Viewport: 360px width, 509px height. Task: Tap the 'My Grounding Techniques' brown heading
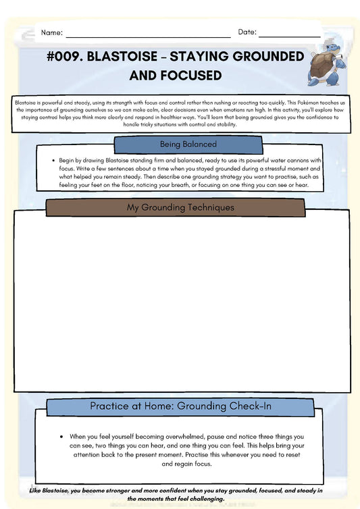tap(181, 207)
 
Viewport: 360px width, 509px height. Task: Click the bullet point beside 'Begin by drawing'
tap(52, 161)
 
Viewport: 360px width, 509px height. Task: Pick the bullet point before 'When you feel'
tap(61, 437)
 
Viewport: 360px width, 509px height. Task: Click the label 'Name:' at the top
tap(52, 32)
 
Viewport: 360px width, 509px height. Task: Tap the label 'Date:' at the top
tap(247, 32)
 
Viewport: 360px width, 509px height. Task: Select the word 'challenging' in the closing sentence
tap(202, 498)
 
